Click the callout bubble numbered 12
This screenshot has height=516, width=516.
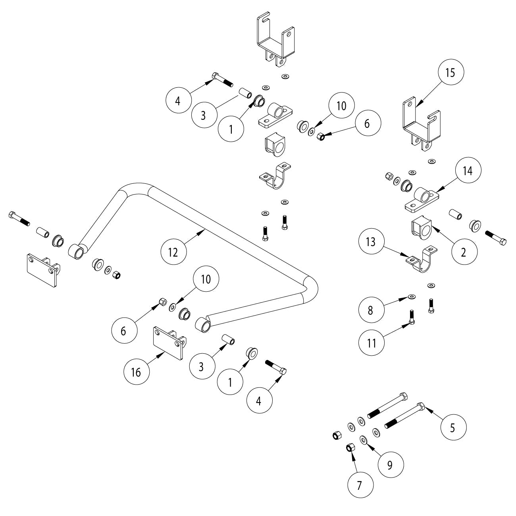[173, 252]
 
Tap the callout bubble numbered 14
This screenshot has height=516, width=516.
[468, 171]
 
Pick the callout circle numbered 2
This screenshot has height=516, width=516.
[464, 252]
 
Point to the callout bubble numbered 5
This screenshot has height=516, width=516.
[452, 427]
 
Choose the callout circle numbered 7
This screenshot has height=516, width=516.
[360, 485]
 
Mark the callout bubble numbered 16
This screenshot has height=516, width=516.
[136, 372]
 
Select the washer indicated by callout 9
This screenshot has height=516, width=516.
[363, 439]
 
